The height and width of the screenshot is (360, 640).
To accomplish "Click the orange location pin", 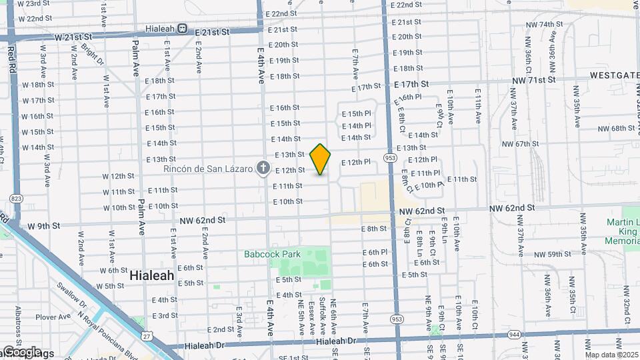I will click(321, 159).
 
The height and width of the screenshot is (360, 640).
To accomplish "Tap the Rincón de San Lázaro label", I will click(214, 168).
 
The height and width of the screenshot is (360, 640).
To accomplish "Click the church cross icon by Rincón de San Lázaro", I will click(263, 167).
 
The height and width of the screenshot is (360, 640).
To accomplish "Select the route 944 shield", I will click(514, 333).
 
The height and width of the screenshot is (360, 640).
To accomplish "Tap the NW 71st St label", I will click(534, 79).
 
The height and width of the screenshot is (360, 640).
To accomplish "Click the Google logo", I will click(21, 352).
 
